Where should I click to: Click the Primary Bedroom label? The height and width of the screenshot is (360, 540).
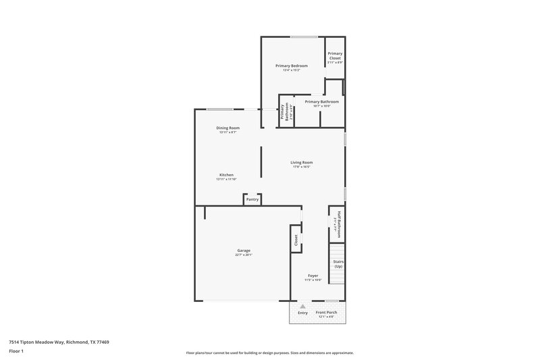pos(292,66)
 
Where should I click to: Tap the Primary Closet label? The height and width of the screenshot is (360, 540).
pos(335,57)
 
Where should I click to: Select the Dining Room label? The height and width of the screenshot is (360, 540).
pos(227,128)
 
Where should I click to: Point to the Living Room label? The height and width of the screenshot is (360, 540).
pos(302,162)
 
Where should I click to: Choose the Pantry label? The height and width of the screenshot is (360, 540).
pos(252,199)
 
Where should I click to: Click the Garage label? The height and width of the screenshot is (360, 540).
pos(244,251)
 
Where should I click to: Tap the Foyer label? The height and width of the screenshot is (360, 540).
pos(313,276)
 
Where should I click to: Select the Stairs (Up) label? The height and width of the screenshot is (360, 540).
pos(338,263)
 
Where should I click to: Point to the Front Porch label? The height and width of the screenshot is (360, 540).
pos(327,312)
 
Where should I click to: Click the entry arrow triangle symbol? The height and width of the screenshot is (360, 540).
pos(302,305)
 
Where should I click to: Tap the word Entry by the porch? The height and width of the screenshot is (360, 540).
pos(302,313)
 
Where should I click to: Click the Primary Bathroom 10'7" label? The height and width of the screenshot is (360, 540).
pos(322,102)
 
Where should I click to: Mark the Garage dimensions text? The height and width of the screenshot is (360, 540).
pos(244,255)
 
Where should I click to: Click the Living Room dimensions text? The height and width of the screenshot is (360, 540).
pos(301,167)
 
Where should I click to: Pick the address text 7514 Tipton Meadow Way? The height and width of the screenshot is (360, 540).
pos(59,342)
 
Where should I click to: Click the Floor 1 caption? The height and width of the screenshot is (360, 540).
pos(16,351)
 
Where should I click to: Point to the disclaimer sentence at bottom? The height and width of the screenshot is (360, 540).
pos(269,353)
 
